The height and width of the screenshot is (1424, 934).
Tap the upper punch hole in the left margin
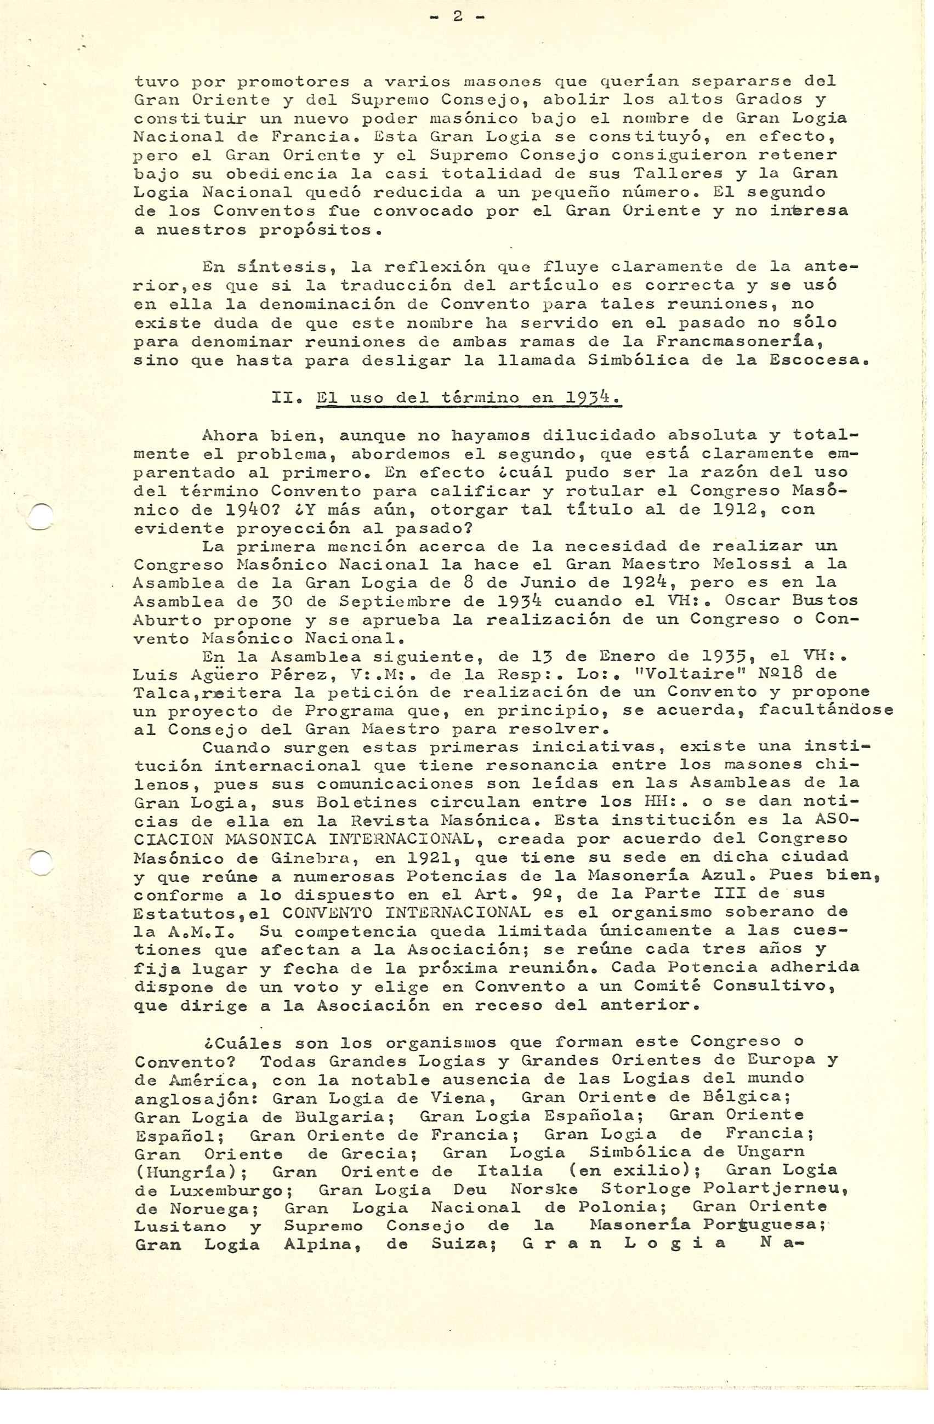[40, 516]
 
